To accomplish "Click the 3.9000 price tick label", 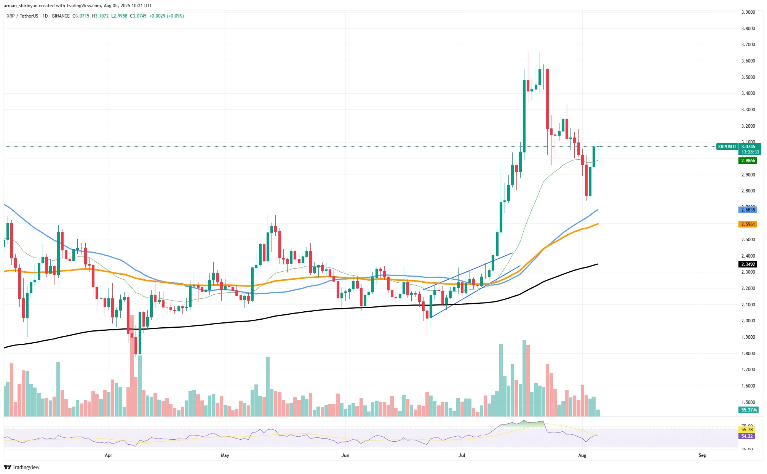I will tap(748, 12).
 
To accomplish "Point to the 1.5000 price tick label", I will tap(748, 402).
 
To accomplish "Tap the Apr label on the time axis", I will tap(109, 455).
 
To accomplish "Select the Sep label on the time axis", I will tap(702, 455).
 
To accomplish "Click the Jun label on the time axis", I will tap(345, 455).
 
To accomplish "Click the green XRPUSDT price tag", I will tap(727, 147).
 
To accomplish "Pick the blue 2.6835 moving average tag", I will tap(748, 210).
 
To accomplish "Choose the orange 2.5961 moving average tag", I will tap(748, 224).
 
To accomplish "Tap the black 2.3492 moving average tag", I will tap(748, 264).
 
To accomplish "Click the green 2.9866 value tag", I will tap(748, 161).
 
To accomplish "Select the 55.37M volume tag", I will tap(748, 410).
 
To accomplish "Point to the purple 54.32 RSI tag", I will tap(746, 436).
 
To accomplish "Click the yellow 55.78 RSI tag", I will tap(746, 430).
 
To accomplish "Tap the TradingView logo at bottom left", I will tap(22, 468).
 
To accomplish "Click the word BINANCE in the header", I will tap(61, 16).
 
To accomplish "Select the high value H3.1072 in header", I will tap(100, 16).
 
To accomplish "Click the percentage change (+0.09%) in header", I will tap(176, 16).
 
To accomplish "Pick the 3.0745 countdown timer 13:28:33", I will tap(750, 152).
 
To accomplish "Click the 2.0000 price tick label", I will tap(748, 321).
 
